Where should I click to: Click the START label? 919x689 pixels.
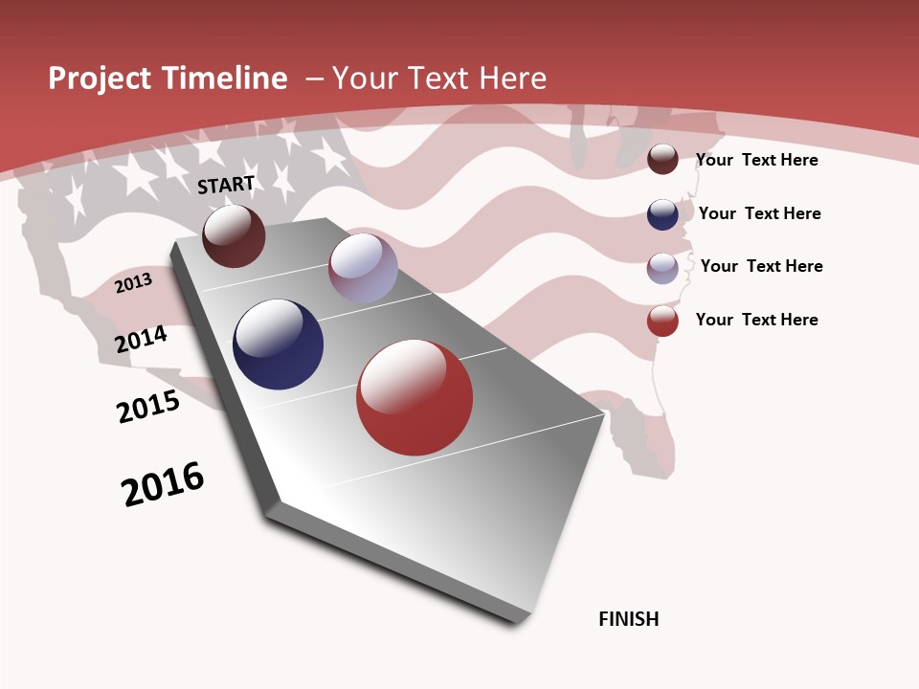[x=226, y=185]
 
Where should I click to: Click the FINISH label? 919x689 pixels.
[x=629, y=619]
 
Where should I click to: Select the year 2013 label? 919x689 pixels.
[x=134, y=283]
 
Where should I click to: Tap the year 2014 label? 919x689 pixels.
[x=142, y=339]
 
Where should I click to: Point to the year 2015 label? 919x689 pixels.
[x=148, y=407]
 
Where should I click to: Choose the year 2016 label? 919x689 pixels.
[x=163, y=484]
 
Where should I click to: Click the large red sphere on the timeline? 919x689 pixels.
[x=415, y=397]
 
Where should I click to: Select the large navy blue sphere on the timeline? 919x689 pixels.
[x=278, y=344]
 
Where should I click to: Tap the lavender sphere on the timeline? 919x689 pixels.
[x=363, y=267]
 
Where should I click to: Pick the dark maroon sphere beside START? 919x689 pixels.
[x=234, y=235]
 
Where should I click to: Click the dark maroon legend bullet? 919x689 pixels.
[x=662, y=160]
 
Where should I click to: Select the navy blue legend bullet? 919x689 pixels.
[x=662, y=214]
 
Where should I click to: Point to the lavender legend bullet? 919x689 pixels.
[x=662, y=268]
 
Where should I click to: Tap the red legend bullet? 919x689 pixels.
[x=662, y=322]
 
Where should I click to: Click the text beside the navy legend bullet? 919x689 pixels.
[x=759, y=213]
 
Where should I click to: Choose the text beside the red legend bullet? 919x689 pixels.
[x=756, y=320]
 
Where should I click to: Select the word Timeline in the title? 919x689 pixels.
[x=227, y=78]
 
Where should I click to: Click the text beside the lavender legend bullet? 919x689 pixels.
[x=761, y=266]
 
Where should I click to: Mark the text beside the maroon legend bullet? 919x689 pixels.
[x=756, y=160]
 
